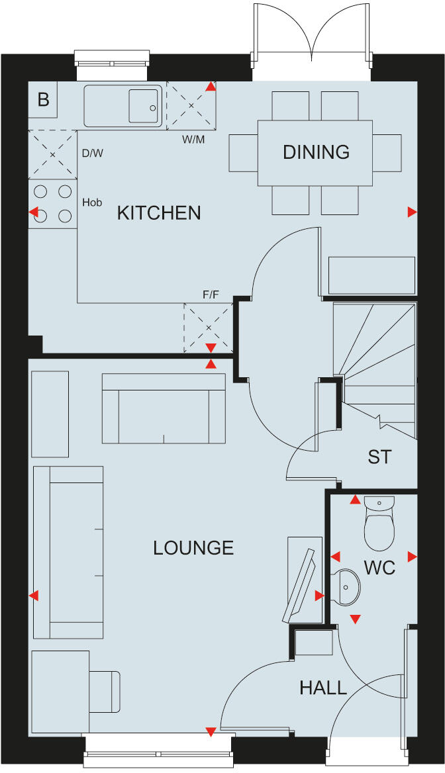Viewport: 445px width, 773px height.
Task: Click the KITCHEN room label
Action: tap(158, 212)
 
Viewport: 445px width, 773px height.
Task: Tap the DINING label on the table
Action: tap(316, 152)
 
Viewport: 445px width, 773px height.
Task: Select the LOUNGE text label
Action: tap(193, 548)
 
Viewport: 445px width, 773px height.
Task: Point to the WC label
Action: tap(379, 568)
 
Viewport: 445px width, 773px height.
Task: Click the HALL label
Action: tap(323, 688)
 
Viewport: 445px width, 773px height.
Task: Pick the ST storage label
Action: tap(379, 457)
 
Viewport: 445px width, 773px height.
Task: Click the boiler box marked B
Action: tap(43, 100)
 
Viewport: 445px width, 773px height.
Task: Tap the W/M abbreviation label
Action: tap(193, 140)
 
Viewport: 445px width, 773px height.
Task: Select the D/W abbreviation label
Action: tap(93, 153)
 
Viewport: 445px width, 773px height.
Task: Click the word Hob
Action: tap(92, 203)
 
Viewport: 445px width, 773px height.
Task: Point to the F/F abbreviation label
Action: tap(211, 295)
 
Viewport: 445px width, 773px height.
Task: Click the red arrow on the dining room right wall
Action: tap(412, 212)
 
